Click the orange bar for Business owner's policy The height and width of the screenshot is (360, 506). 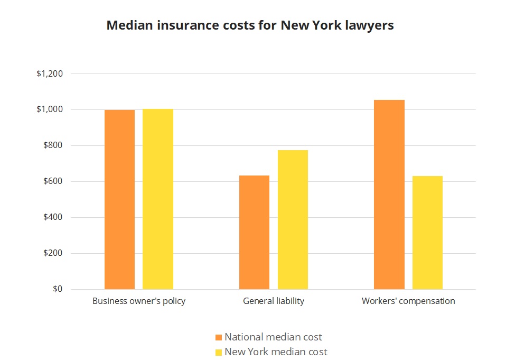click(x=119, y=199)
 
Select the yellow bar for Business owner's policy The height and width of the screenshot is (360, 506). click(x=158, y=199)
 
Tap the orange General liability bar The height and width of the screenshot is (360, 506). click(x=254, y=232)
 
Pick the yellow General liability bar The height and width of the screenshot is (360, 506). click(x=293, y=219)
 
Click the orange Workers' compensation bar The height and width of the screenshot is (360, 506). click(x=389, y=194)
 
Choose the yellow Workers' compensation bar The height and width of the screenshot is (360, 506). click(x=427, y=232)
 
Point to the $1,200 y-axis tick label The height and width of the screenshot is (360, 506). click(x=50, y=73)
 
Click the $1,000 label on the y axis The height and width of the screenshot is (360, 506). click(x=50, y=109)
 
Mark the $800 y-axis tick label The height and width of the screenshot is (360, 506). click(x=53, y=145)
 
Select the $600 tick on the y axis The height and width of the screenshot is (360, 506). click(x=53, y=181)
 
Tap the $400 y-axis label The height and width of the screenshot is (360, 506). click(x=53, y=217)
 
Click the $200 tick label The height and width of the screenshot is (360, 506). click(x=53, y=253)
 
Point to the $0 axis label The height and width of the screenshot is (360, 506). click(x=57, y=289)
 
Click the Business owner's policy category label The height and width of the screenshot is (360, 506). click(x=139, y=301)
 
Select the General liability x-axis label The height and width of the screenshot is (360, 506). click(x=274, y=301)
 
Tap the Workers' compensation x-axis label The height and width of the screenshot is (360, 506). click(x=408, y=301)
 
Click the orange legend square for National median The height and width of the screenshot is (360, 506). click(x=219, y=337)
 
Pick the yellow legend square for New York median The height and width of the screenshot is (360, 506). click(x=219, y=352)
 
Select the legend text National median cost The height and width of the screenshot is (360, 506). click(x=273, y=337)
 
